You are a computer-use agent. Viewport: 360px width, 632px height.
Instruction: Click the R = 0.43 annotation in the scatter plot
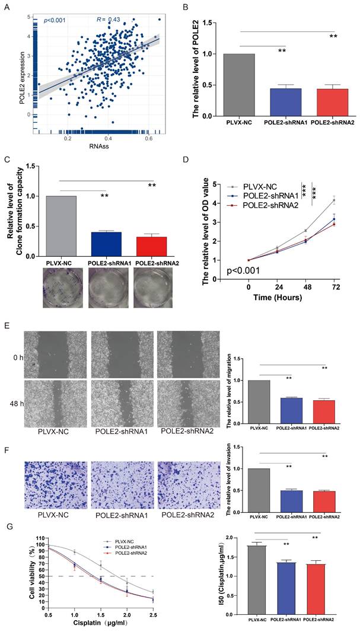108,20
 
